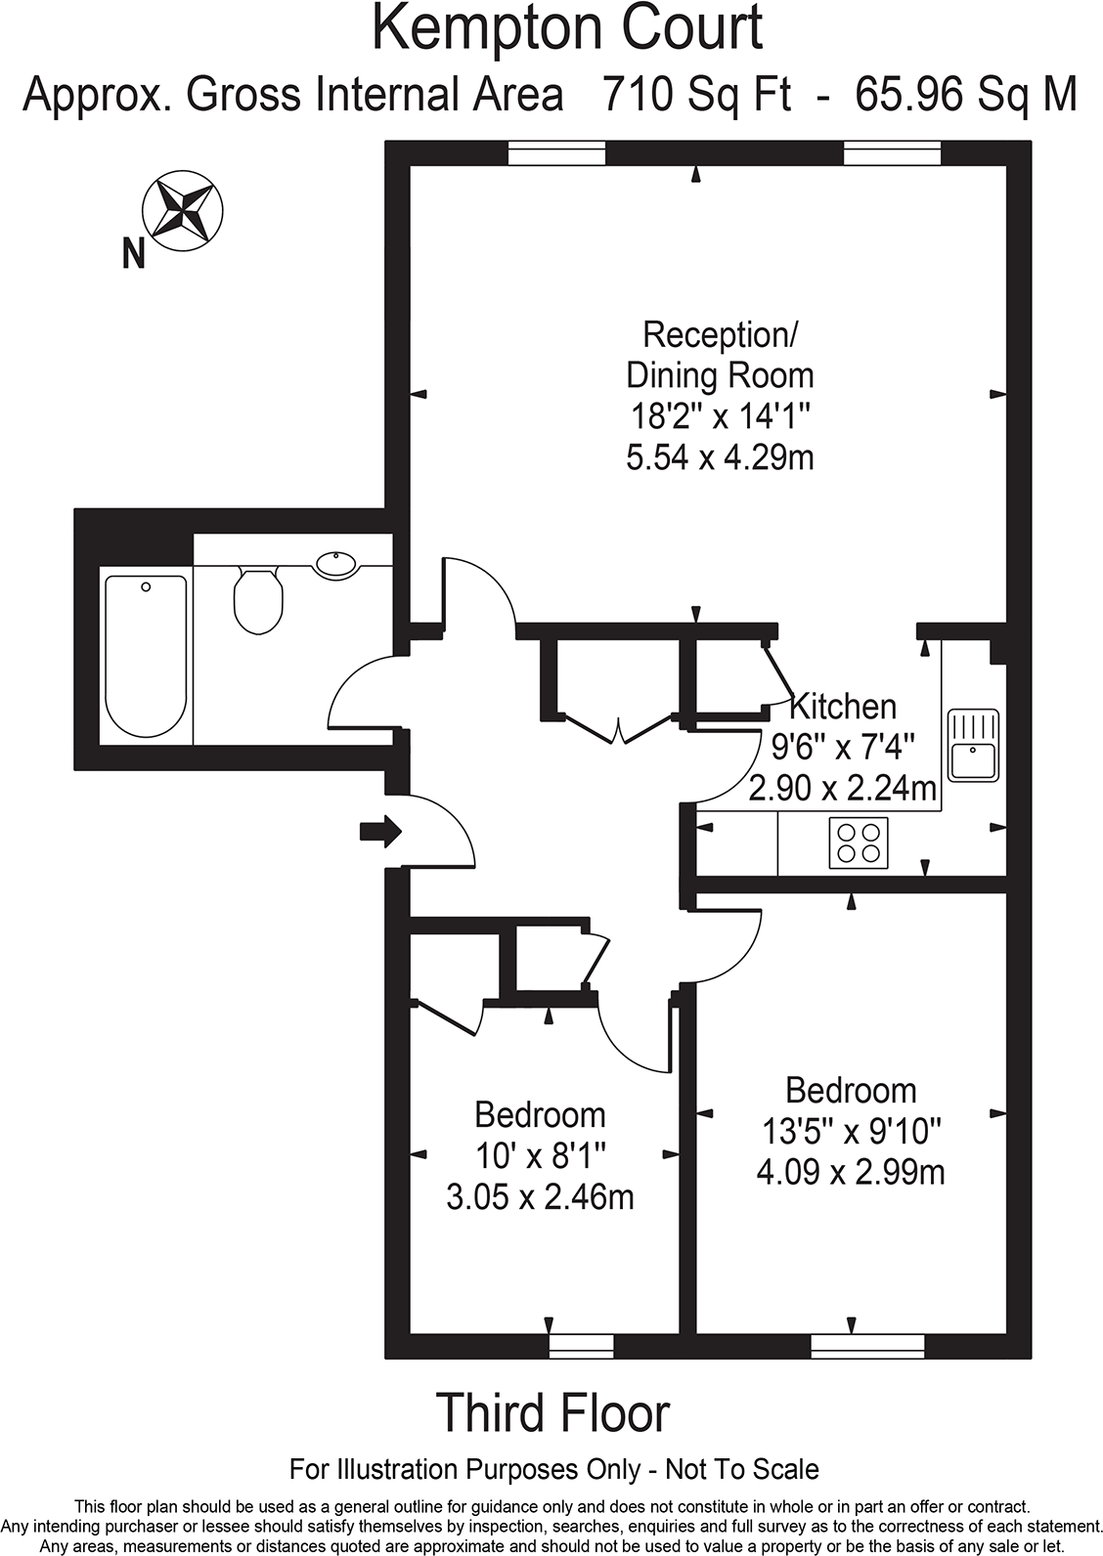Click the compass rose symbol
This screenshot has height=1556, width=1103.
pyautogui.click(x=183, y=209)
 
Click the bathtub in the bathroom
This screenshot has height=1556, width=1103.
pyautogui.click(x=146, y=656)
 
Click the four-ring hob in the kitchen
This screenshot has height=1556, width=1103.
pyautogui.click(x=859, y=843)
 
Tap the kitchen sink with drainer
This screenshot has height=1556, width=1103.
pyautogui.click(x=973, y=745)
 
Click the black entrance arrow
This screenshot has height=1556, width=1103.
pyautogui.click(x=380, y=832)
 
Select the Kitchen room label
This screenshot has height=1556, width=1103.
pyautogui.click(x=842, y=706)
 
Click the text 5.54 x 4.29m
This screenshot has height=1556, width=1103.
pyautogui.click(x=720, y=456)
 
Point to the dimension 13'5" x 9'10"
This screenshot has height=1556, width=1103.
pyautogui.click(x=851, y=1131)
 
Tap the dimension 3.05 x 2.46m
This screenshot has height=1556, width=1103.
pyautogui.click(x=540, y=1196)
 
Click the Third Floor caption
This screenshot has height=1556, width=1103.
pyautogui.click(x=552, y=1413)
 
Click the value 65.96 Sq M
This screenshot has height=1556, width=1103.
pyautogui.click(x=966, y=95)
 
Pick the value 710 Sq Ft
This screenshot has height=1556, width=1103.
pyautogui.click(x=696, y=95)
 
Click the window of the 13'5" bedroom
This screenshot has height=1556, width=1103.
pyautogui.click(x=867, y=1346)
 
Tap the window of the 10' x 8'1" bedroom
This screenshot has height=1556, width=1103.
pyautogui.click(x=581, y=1346)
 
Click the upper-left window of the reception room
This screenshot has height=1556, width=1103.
pyautogui.click(x=556, y=153)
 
